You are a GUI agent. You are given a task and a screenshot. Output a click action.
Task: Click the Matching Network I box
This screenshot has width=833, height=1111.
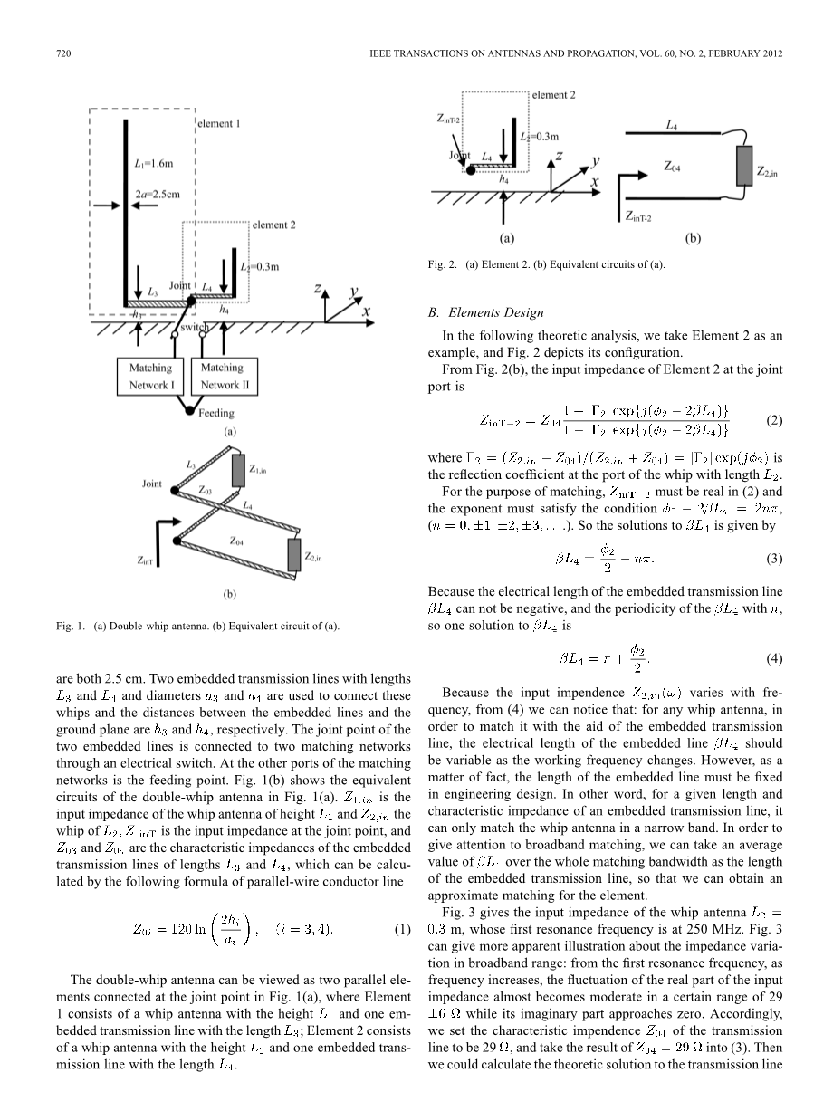(150, 377)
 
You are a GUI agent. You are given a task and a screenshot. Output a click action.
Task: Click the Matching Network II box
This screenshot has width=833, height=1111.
(221, 377)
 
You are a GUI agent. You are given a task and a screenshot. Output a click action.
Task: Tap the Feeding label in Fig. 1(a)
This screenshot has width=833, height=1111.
(215, 413)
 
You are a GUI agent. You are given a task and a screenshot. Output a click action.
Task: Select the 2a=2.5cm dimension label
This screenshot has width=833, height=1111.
(157, 193)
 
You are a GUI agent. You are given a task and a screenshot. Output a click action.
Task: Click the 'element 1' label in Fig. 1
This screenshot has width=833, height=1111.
(219, 123)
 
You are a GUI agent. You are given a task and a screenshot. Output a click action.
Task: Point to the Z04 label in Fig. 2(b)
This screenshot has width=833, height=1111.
(673, 167)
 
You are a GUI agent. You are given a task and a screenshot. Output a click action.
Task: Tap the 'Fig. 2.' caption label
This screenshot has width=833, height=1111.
(443, 265)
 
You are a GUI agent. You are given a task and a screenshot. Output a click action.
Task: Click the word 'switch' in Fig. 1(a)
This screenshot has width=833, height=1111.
(193, 327)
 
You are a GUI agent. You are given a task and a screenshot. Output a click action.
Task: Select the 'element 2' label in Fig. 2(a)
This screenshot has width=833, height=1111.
(553, 94)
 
